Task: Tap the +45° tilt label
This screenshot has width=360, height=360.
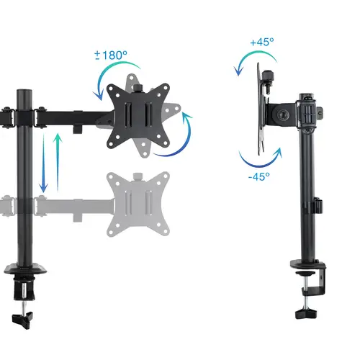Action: click(262, 42)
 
